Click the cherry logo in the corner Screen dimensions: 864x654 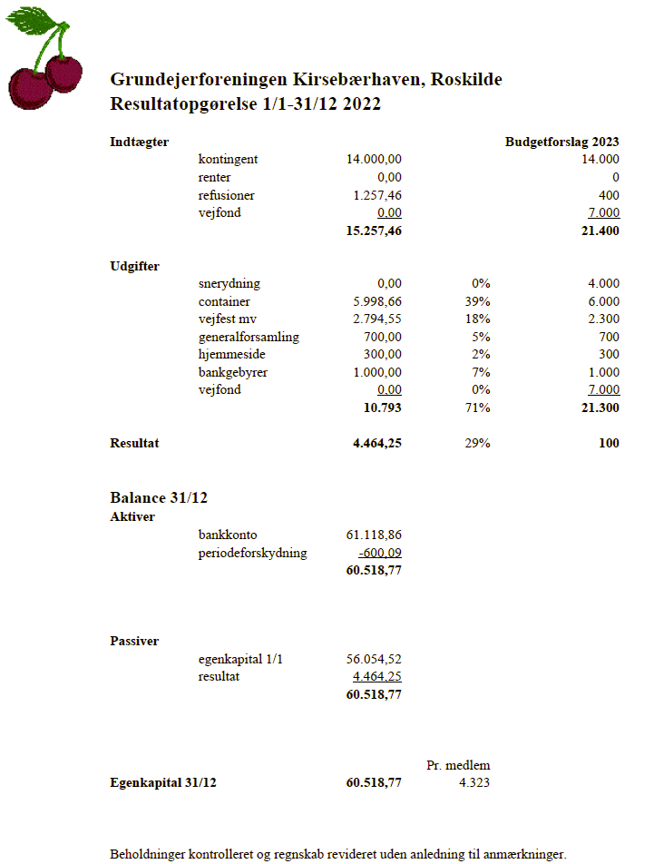coord(44,60)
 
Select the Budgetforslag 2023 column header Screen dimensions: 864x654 coord(561,142)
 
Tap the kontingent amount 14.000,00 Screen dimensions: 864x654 coord(374,160)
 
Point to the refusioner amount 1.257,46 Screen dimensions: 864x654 coord(374,195)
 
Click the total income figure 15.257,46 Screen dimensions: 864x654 coord(374,231)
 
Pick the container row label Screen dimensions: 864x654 coord(224,301)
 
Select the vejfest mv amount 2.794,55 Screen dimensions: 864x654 coord(374,319)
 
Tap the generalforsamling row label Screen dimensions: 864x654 coord(249,337)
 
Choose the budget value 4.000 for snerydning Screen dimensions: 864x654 coord(603,284)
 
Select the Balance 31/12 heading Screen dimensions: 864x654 coord(161,497)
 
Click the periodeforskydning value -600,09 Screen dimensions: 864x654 coord(380,553)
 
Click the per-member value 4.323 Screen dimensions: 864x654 coord(473,782)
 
